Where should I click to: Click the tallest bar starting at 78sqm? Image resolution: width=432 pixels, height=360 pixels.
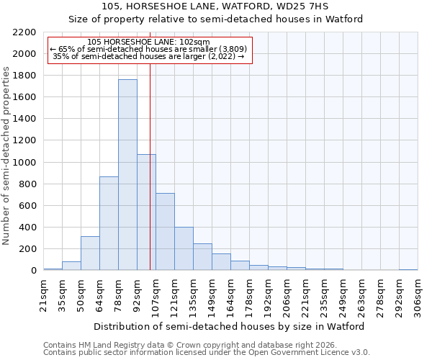[x=127, y=175]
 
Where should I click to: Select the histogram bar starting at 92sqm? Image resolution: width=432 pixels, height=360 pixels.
[x=146, y=212]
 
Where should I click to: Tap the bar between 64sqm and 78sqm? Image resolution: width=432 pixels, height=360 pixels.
[x=109, y=223]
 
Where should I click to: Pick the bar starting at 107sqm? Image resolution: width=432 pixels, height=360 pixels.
[x=165, y=232]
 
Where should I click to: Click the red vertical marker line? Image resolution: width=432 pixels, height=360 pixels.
[x=150, y=166]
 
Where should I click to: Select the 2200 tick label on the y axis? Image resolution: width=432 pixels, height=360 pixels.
[x=24, y=32]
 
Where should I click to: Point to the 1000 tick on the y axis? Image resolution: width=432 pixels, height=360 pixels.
[x=24, y=163]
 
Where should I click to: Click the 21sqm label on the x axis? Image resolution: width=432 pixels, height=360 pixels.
[x=43, y=294]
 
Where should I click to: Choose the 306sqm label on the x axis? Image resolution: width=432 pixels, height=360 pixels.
[x=418, y=294]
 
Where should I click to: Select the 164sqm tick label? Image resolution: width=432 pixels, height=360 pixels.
[x=230, y=294]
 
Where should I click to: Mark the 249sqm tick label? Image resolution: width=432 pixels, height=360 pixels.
[x=343, y=294]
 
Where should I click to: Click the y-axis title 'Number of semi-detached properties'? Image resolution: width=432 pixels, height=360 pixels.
[x=6, y=156]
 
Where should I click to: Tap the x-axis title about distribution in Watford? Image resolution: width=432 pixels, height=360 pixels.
[x=230, y=326]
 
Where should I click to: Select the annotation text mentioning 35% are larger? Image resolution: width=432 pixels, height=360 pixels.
[x=149, y=56]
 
